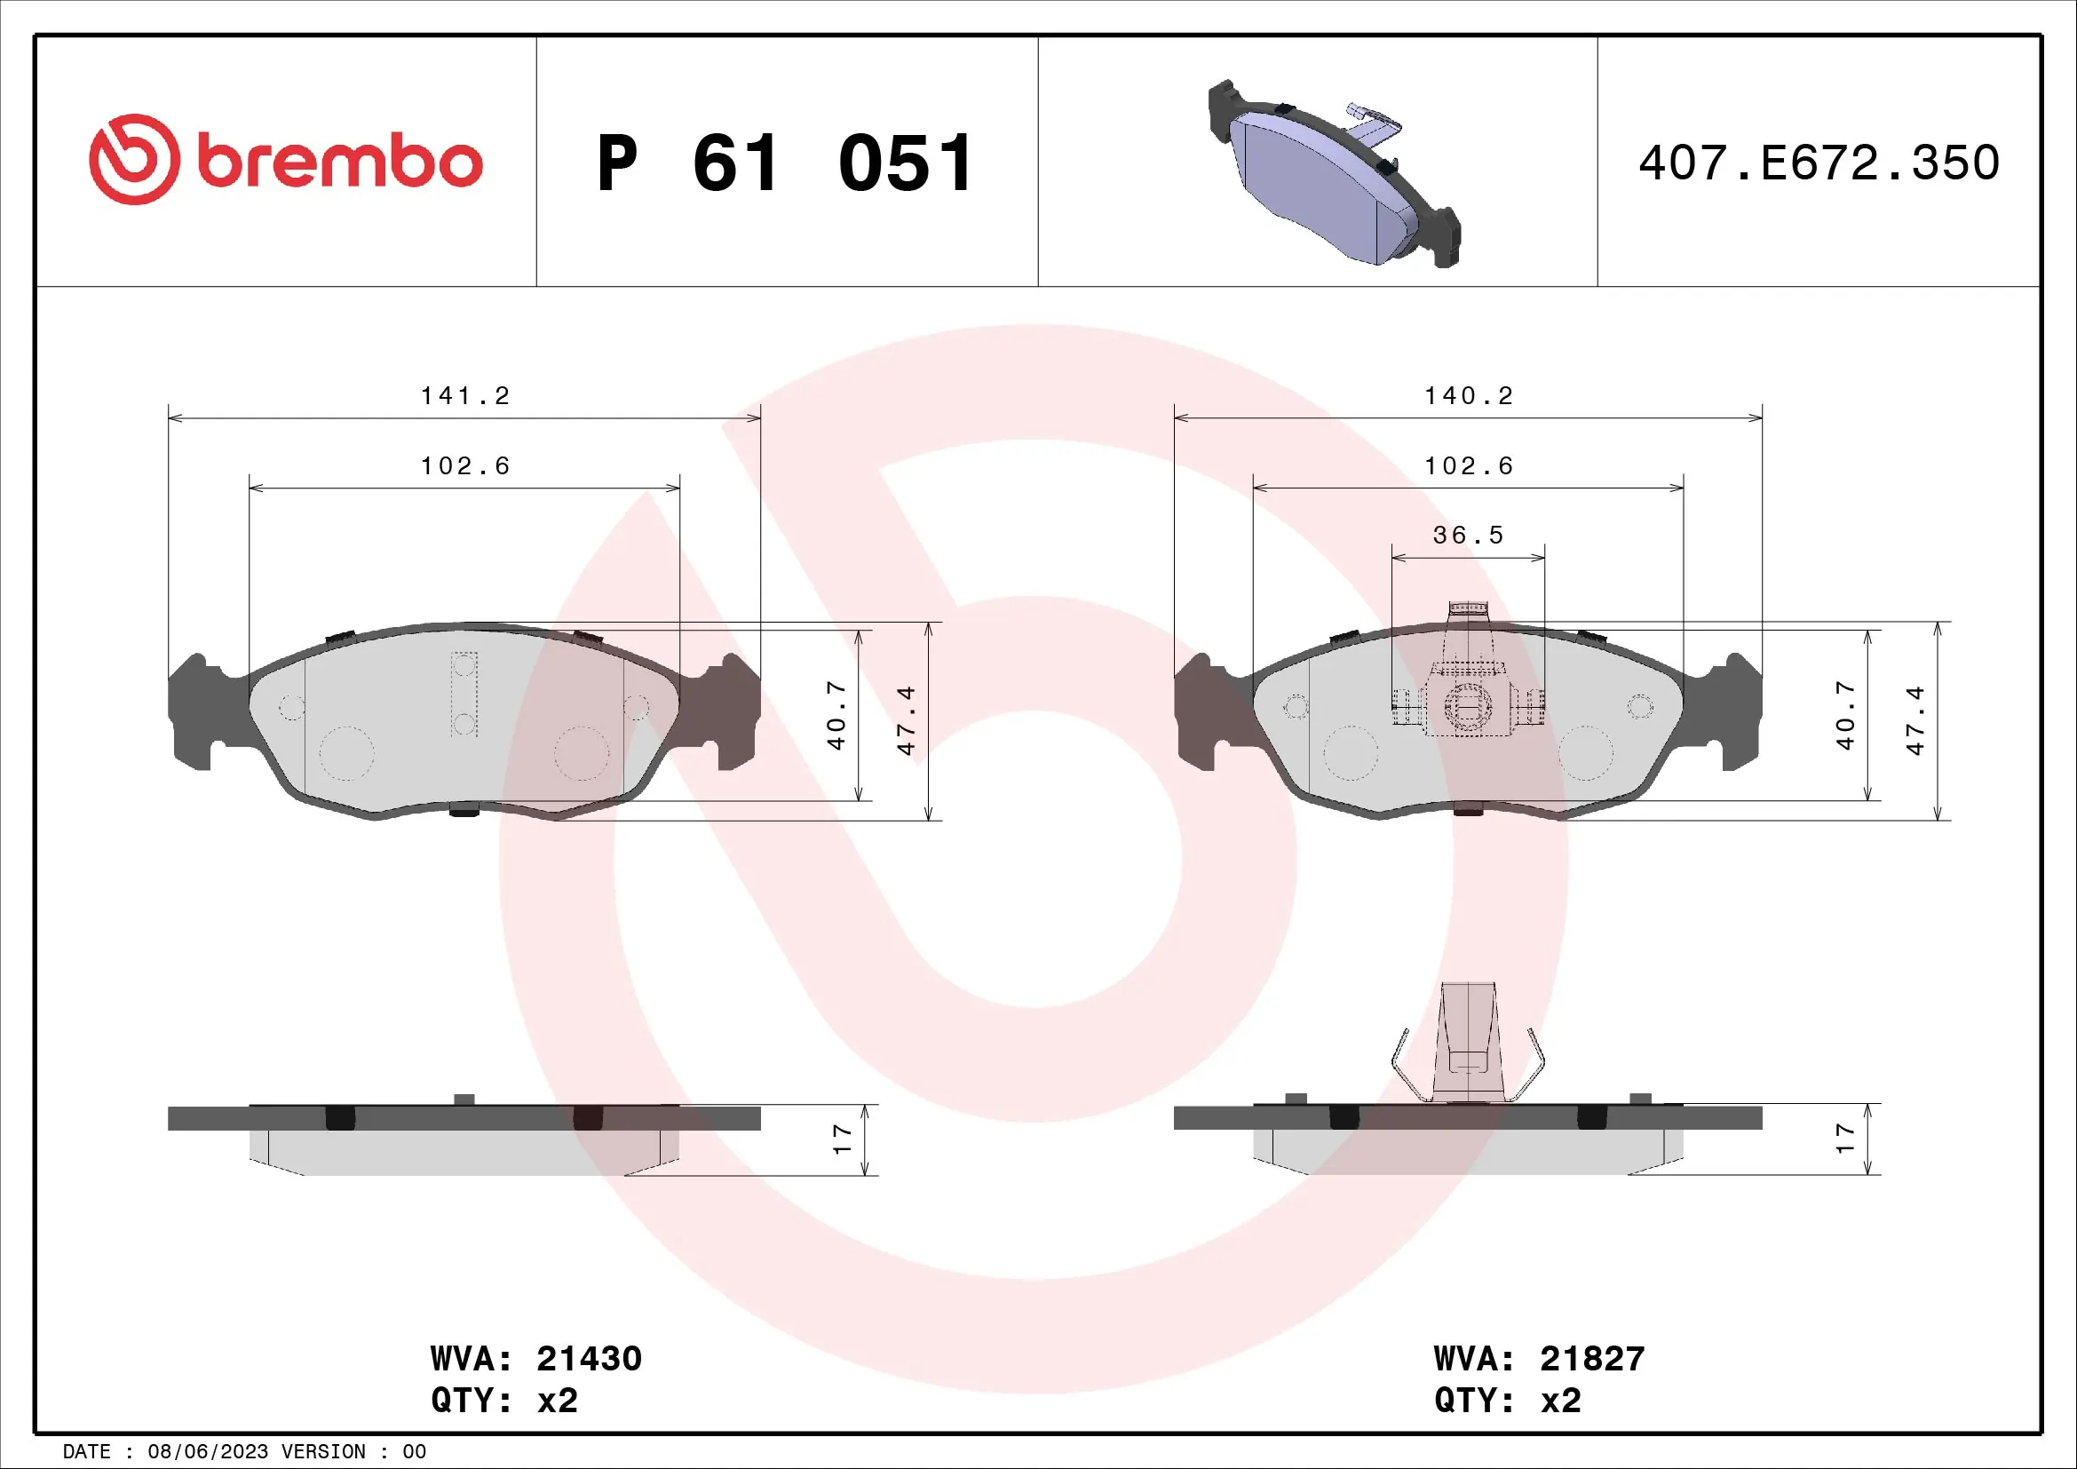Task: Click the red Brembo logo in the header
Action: [x=286, y=160]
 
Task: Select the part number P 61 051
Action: [x=785, y=163]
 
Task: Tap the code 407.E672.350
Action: [x=1819, y=163]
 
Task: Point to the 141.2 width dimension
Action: [x=465, y=396]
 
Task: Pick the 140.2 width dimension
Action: [x=1468, y=396]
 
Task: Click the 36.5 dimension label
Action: [x=1468, y=536]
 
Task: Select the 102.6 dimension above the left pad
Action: [x=465, y=466]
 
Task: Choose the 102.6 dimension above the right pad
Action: [x=1468, y=466]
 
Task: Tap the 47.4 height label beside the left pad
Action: [x=907, y=720]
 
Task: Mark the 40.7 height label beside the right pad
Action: [x=1845, y=717]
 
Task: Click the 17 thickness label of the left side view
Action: [x=842, y=1139]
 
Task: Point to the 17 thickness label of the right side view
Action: [x=1845, y=1138]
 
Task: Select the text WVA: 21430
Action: [x=535, y=1359]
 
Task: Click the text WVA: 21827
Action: [x=1539, y=1359]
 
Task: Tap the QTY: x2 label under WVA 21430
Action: [x=503, y=1401]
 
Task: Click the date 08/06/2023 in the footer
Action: [x=208, y=1452]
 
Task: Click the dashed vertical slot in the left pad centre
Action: [x=464, y=694]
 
